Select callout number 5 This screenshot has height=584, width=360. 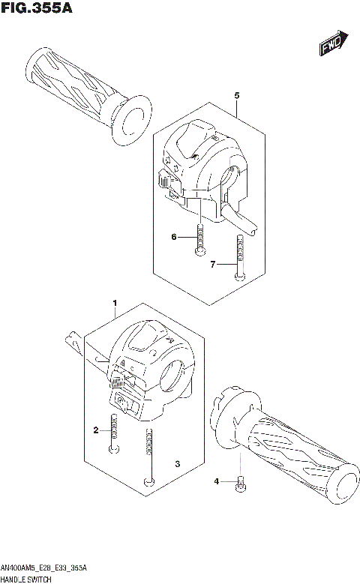236,96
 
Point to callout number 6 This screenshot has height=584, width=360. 173,238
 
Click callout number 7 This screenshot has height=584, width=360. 213,265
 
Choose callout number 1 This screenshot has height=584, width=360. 115,303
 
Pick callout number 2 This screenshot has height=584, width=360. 96,430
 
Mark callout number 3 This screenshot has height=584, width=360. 177,465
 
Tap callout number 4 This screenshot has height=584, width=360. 216,481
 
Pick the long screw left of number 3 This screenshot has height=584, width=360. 151,457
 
